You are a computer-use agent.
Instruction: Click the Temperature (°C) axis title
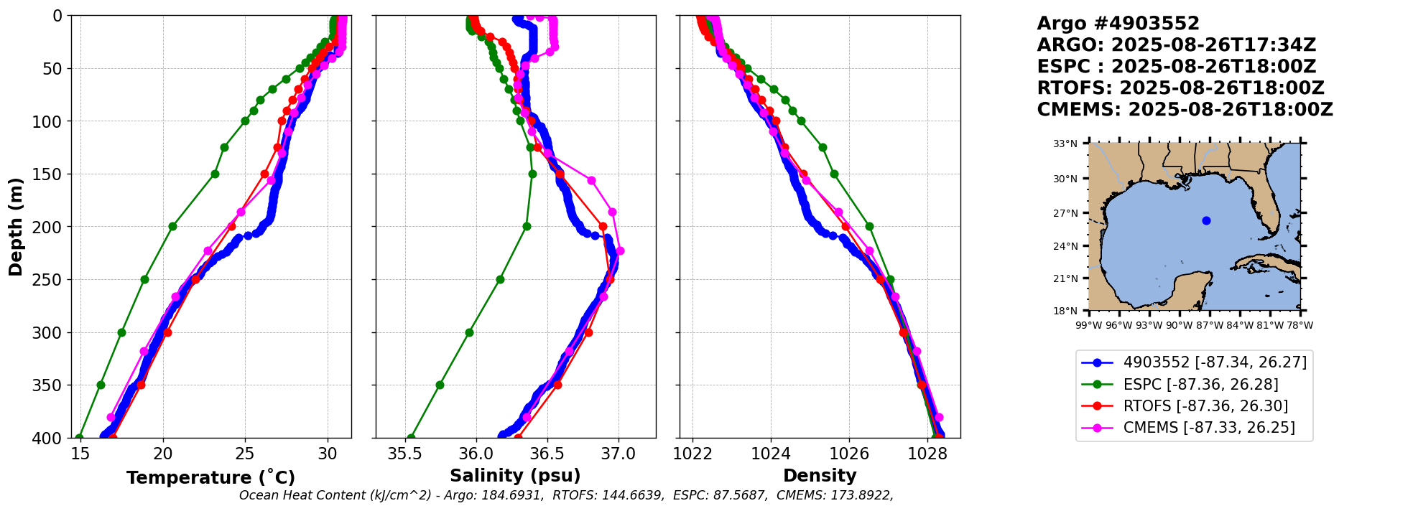pyautogui.click(x=210, y=478)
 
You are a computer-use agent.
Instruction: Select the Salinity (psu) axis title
pyautogui.click(x=515, y=476)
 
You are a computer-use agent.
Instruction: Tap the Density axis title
pyautogui.click(x=820, y=476)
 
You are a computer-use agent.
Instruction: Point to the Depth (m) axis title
pyautogui.click(x=16, y=227)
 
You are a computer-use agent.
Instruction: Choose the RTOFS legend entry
pyautogui.click(x=1205, y=406)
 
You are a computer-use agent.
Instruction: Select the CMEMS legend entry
pyautogui.click(x=1209, y=428)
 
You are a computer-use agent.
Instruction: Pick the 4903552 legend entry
pyautogui.click(x=1215, y=362)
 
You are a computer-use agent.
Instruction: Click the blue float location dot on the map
pyautogui.click(x=1206, y=220)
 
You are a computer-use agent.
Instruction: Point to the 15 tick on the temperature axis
pyautogui.click(x=80, y=454)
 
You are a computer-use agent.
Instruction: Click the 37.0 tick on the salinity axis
pyautogui.click(x=618, y=454)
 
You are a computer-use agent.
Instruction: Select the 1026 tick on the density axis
pyautogui.click(x=849, y=454)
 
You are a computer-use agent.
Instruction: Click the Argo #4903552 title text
pyautogui.click(x=1118, y=24)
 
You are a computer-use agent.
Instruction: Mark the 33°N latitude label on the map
pyautogui.click(x=1065, y=144)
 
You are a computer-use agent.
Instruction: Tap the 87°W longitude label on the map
pyautogui.click(x=1210, y=325)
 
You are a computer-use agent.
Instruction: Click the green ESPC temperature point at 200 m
pyautogui.click(x=172, y=226)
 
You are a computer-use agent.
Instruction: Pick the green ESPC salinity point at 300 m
pyautogui.click(x=469, y=332)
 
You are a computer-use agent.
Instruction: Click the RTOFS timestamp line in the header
pyautogui.click(x=1180, y=88)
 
